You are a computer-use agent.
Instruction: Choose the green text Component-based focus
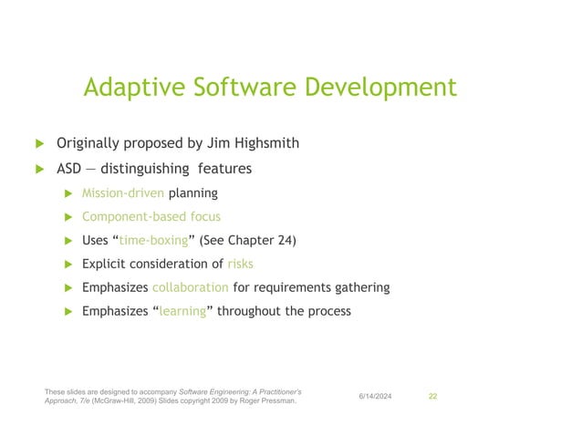pos(151,216)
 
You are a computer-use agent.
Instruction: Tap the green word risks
pos(241,264)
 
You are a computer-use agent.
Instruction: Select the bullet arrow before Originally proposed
pos(39,144)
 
